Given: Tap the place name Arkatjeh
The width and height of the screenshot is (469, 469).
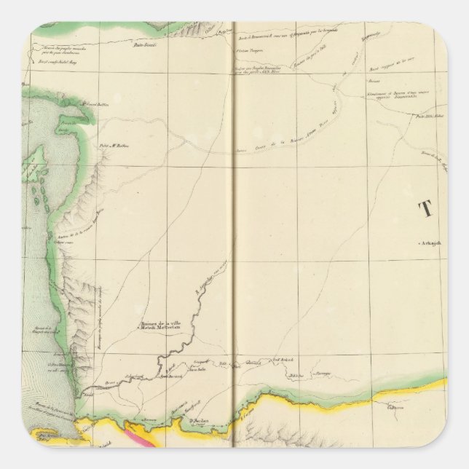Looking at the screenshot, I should click(x=431, y=243).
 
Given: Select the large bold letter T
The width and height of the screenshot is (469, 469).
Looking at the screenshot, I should click(x=424, y=210).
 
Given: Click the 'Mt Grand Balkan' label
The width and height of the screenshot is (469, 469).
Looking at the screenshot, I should click(x=96, y=106).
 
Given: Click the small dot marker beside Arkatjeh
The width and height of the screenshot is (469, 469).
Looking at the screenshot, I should click(x=420, y=243).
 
